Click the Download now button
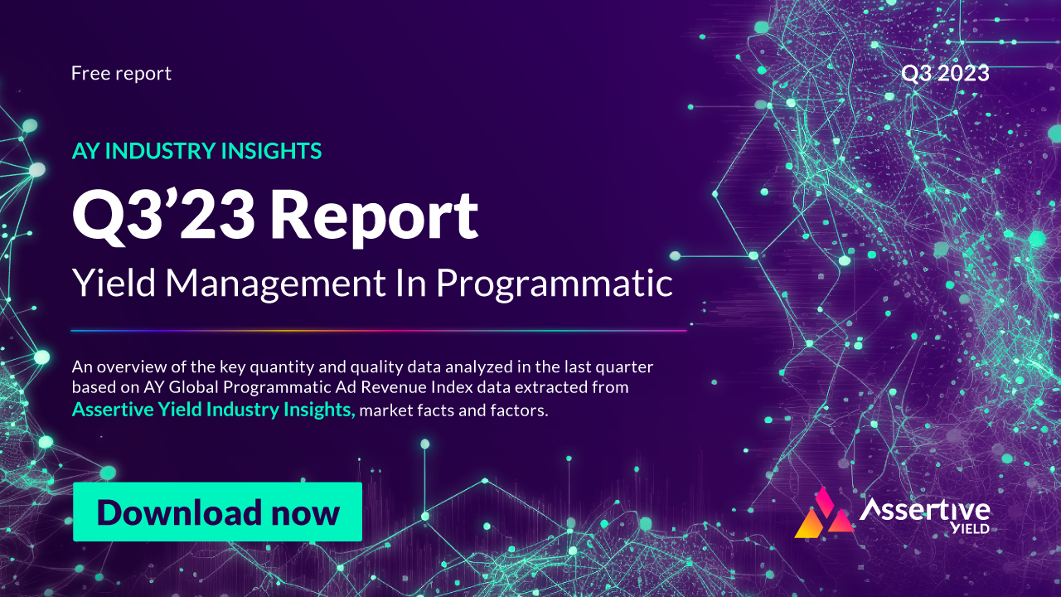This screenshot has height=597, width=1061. tap(217, 512)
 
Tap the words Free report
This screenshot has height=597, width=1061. tap(121, 73)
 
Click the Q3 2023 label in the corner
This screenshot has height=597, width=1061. tap(945, 73)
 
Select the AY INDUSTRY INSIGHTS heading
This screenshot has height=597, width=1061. tap(196, 151)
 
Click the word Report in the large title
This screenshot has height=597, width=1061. tap(374, 216)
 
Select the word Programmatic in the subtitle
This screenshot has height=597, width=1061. tap(554, 284)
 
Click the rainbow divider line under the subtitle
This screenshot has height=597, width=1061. tap(378, 330)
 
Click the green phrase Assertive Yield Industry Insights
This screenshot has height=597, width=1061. tap(214, 410)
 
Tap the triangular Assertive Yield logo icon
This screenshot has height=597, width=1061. tap(824, 516)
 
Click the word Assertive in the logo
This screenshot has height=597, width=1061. tap(924, 508)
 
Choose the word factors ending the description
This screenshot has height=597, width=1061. tap(523, 410)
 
